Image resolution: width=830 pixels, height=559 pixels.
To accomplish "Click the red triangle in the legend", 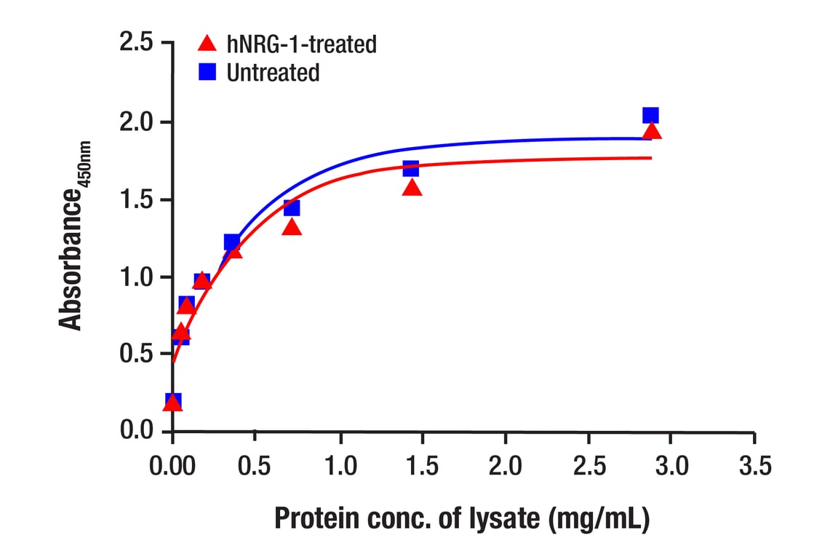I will click(208, 44).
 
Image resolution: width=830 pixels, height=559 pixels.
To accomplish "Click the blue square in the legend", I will click(208, 72).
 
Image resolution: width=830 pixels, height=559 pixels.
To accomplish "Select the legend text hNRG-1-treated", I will click(301, 44).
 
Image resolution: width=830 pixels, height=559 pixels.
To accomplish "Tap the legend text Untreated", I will click(273, 73).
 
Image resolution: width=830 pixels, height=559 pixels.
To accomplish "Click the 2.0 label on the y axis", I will click(137, 122).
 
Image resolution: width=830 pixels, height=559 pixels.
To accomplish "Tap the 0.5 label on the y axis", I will click(137, 354).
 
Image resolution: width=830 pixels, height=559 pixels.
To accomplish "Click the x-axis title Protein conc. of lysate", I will click(461, 519).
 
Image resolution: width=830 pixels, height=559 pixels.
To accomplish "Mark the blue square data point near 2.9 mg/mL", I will click(650, 115).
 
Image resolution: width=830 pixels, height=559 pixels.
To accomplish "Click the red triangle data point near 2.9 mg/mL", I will click(653, 131).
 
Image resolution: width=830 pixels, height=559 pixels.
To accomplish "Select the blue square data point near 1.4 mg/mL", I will click(411, 169).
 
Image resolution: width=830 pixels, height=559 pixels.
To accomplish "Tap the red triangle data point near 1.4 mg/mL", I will click(412, 188).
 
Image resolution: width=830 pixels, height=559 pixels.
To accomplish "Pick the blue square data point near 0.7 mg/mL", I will click(292, 208).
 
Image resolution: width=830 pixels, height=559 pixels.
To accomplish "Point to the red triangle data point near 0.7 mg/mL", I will click(292, 227).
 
